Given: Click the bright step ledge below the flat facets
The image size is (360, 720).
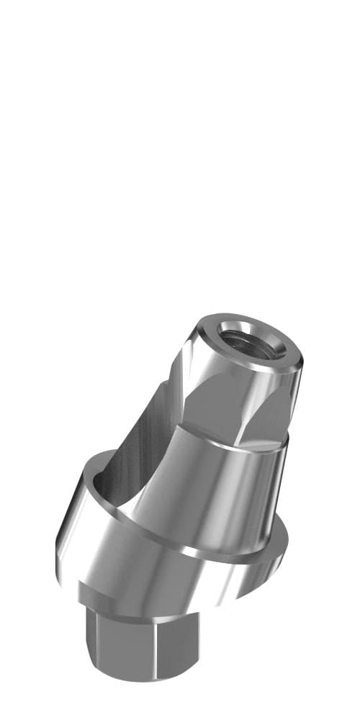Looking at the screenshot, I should pyautogui.click(x=238, y=445).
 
